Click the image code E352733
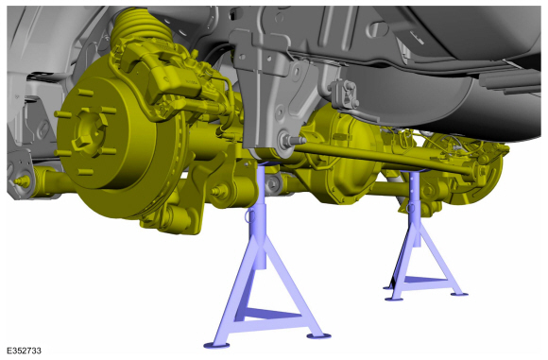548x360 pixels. coord(24,351)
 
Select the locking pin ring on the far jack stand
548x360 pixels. coord(410,207)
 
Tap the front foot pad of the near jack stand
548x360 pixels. coord(216,345)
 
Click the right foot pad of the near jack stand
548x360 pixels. coord(318,335)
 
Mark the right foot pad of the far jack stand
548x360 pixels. coord(459,294)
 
